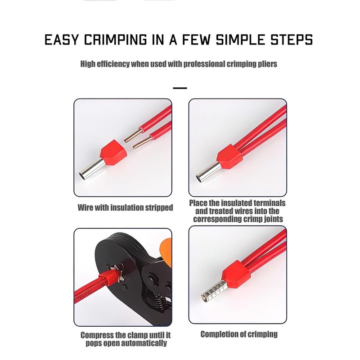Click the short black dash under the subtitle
click(x=180, y=88)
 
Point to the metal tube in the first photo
click(x=92, y=168)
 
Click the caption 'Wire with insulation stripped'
click(x=125, y=207)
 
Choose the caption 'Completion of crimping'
click(x=239, y=334)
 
